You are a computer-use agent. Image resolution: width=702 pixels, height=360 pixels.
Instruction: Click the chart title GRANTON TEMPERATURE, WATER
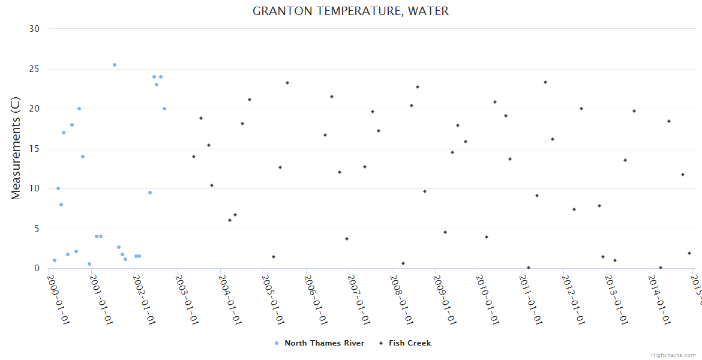click(x=350, y=11)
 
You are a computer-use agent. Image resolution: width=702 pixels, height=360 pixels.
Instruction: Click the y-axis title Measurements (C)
click(x=16, y=148)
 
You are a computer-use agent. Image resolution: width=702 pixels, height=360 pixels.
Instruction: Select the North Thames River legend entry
click(x=319, y=343)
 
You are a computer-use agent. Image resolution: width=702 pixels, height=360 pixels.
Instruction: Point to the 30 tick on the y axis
click(x=34, y=29)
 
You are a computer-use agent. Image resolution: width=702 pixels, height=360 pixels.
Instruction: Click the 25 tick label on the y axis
click(x=34, y=69)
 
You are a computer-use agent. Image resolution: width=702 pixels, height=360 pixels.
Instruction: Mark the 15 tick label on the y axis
click(x=34, y=149)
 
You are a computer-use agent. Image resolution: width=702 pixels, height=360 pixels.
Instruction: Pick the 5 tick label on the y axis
click(x=37, y=229)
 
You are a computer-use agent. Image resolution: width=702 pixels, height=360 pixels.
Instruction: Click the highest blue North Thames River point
click(x=115, y=65)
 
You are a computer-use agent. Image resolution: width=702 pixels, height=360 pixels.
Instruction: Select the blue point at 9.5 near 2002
click(x=150, y=193)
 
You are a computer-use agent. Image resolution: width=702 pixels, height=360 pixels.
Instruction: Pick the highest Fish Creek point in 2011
click(x=545, y=82)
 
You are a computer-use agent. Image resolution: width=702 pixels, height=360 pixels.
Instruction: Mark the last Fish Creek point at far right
click(x=689, y=253)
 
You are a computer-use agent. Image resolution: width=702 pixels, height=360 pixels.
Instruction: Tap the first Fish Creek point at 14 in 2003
click(x=194, y=157)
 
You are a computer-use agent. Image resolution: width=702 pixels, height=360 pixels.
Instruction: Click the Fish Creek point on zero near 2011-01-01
click(x=529, y=268)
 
